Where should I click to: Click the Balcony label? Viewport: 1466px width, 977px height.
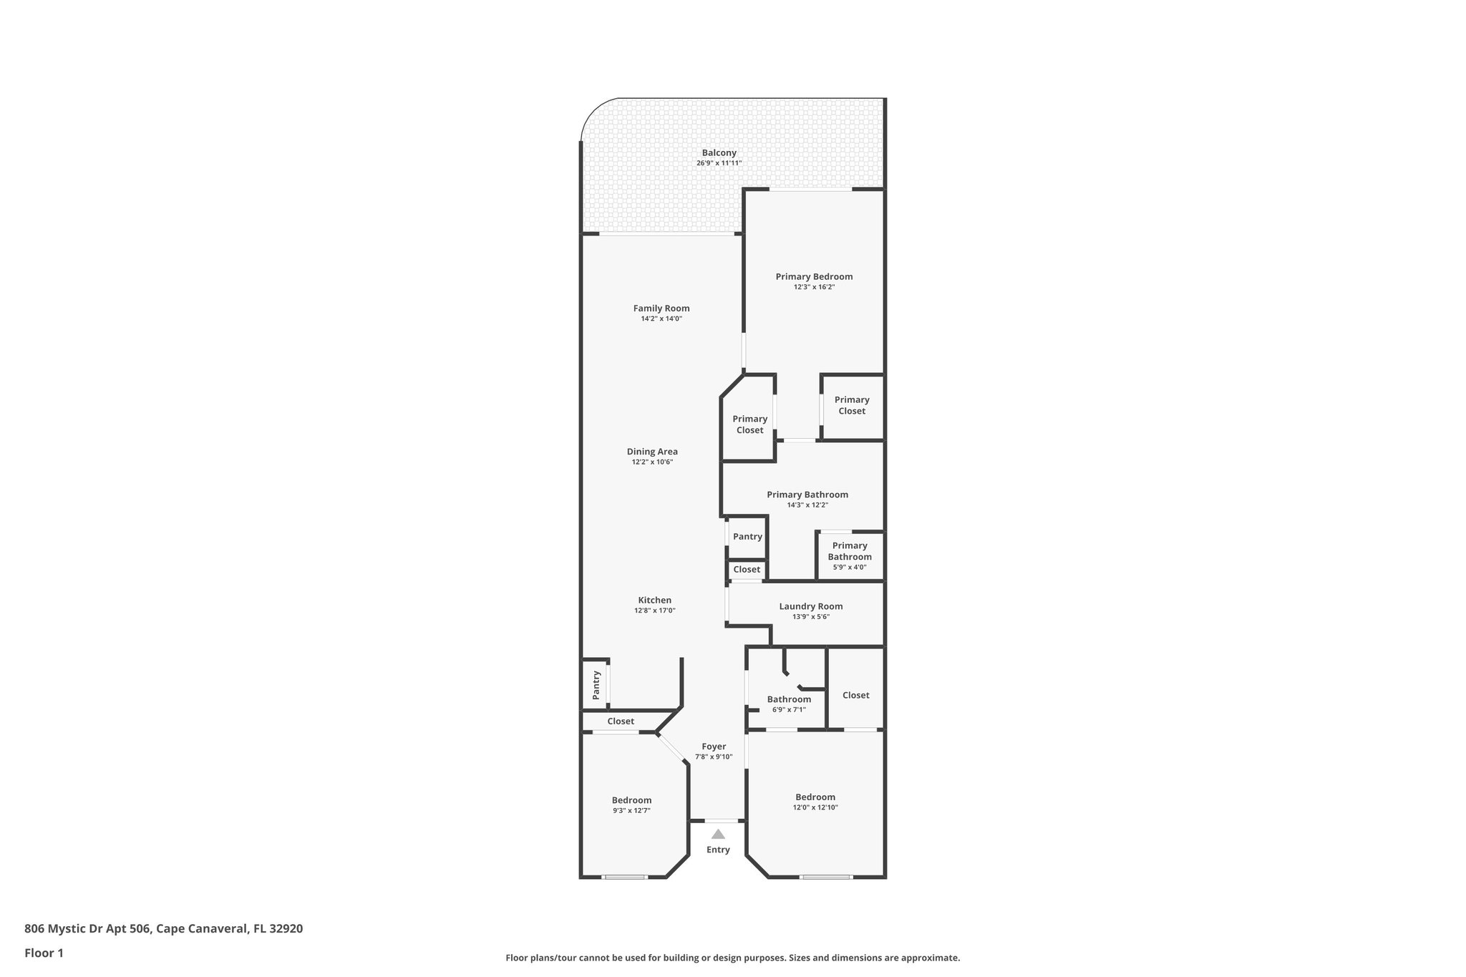tap(719, 152)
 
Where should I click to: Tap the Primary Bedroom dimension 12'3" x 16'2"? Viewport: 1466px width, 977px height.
tap(814, 287)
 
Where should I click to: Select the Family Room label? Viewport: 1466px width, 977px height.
tap(661, 308)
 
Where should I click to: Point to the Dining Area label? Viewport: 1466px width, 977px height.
tap(652, 452)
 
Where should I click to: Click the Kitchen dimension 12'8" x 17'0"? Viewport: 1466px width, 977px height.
tap(654, 611)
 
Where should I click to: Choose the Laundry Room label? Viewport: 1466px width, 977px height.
tap(810, 606)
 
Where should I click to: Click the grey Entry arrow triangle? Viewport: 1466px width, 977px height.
tap(718, 834)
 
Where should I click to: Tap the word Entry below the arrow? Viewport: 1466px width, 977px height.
tap(718, 850)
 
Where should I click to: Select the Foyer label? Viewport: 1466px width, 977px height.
tap(714, 747)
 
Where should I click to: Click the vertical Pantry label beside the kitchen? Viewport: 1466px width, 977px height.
tap(596, 684)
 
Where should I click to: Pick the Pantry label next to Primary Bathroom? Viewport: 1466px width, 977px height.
tap(747, 537)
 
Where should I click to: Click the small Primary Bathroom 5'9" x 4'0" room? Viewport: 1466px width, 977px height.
tap(850, 555)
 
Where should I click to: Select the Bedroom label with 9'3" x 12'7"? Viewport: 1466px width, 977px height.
tap(631, 800)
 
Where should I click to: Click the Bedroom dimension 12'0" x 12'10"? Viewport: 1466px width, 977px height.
tap(815, 807)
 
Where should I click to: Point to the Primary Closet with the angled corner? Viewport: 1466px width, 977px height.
tap(749, 424)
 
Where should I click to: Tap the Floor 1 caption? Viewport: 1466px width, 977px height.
tap(44, 953)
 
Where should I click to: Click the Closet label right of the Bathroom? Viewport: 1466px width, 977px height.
tap(855, 695)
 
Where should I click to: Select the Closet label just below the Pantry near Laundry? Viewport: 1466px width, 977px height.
tap(747, 570)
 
